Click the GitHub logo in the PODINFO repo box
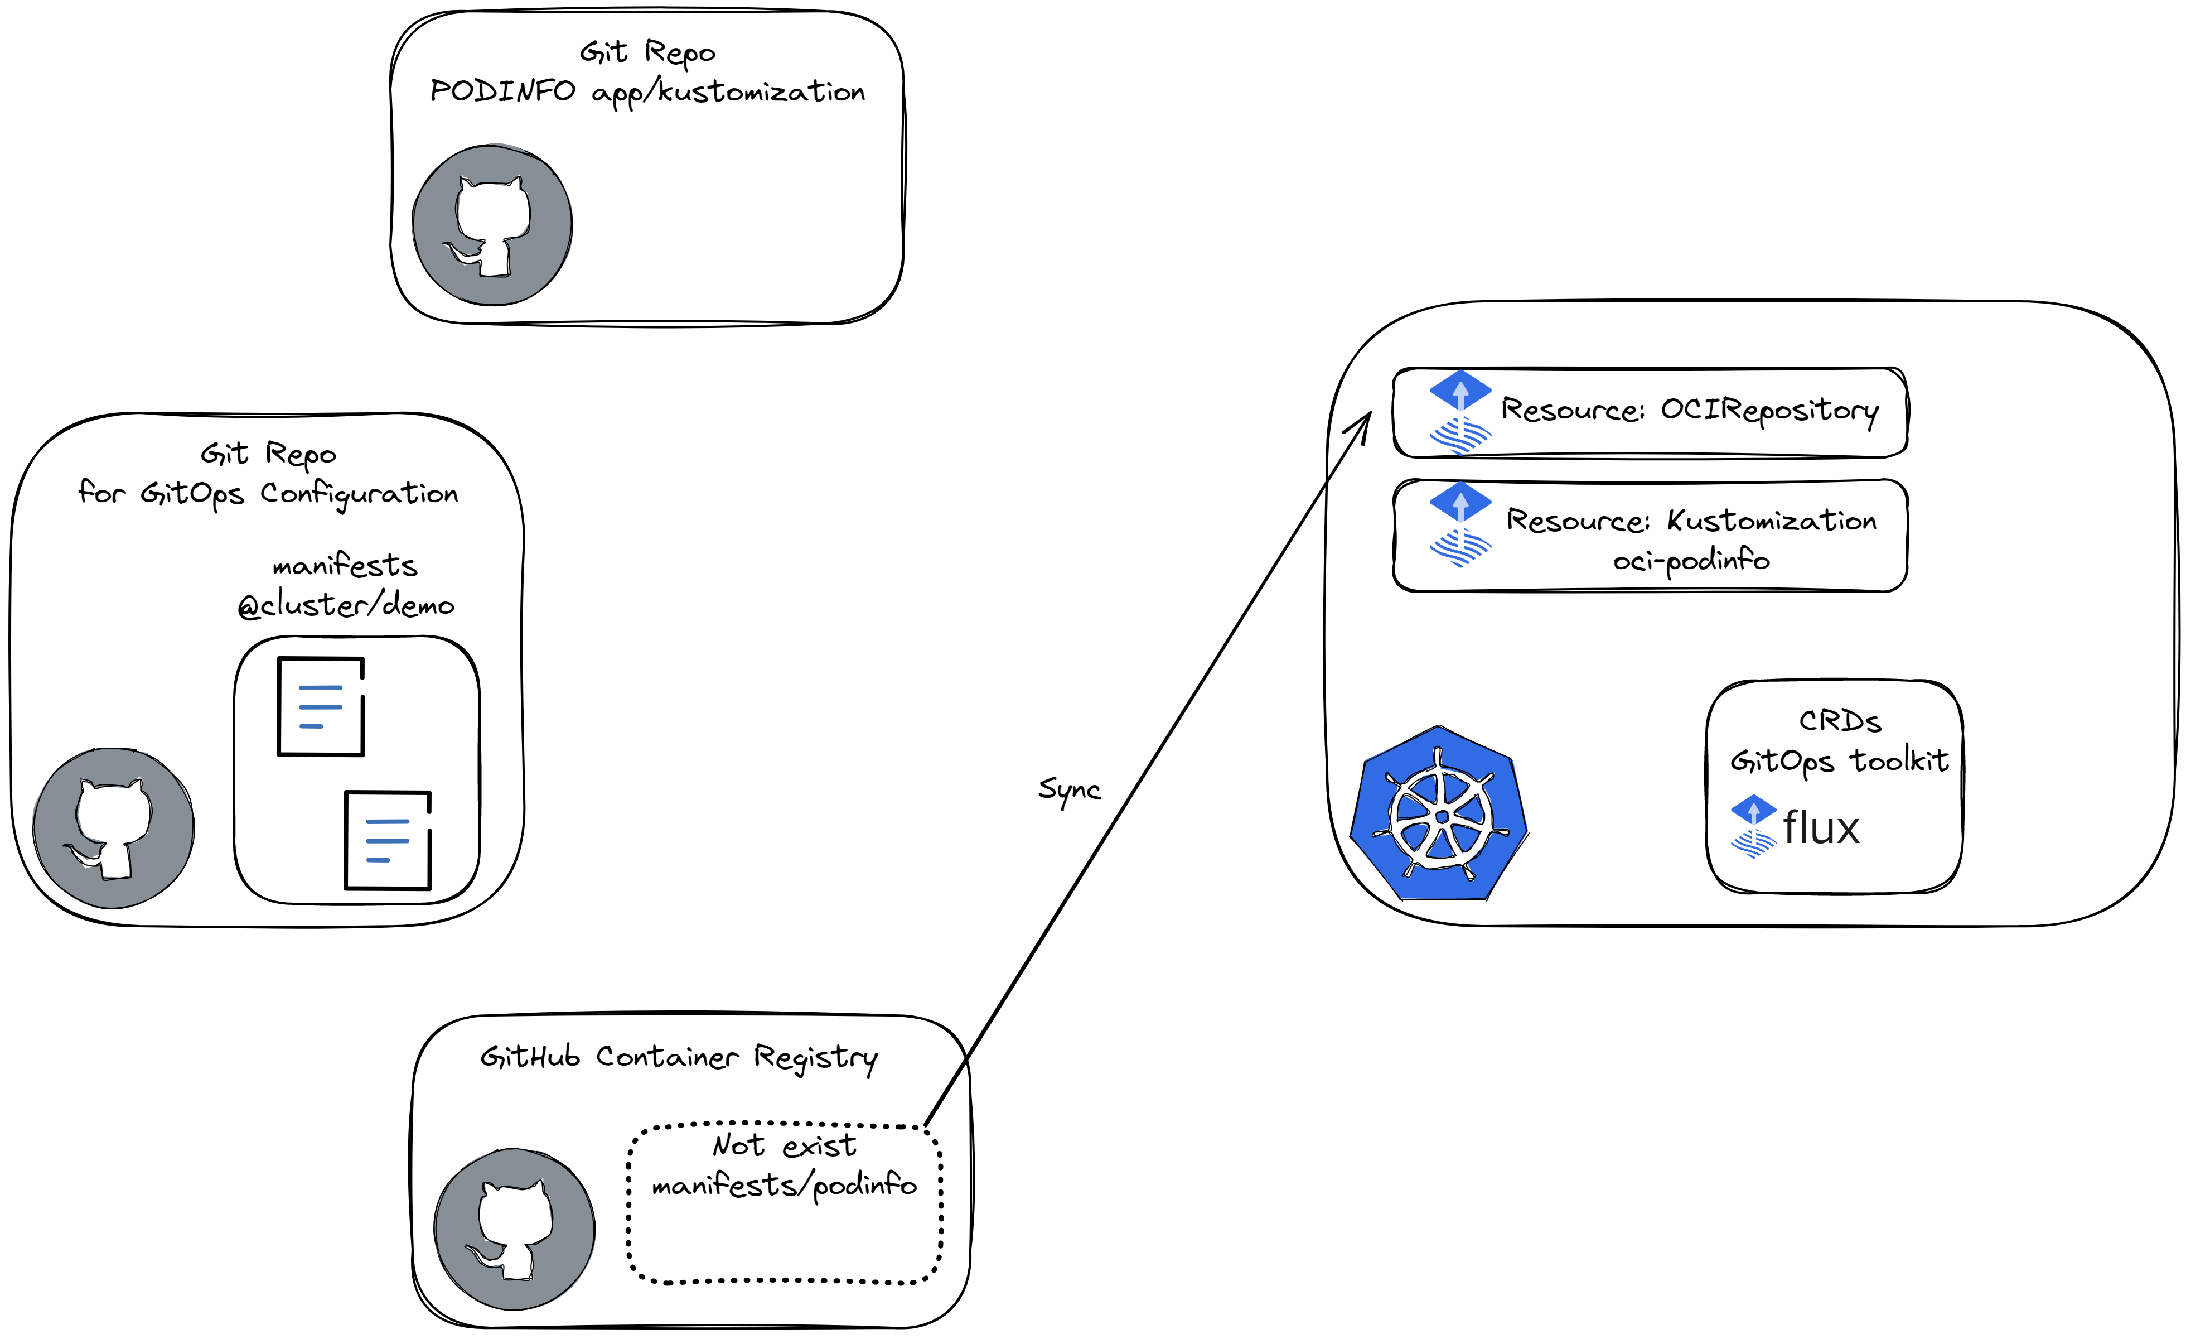492,225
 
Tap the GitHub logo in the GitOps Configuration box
114,828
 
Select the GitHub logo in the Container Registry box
515,1229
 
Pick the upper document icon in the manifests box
321,706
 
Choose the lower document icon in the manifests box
388,840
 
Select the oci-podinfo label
1691,561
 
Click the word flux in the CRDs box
1821,828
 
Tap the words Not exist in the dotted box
784,1145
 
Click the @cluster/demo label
346,605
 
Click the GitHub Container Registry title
679,1057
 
